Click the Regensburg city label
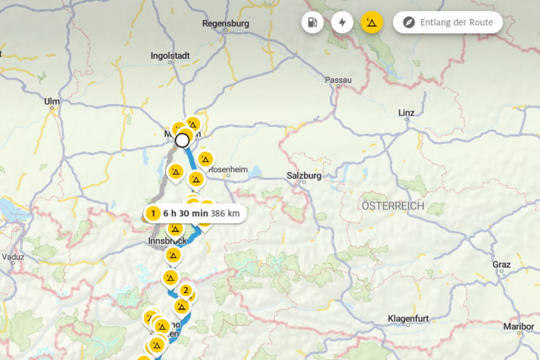coord(226,24)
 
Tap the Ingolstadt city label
coord(170,56)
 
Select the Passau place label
coord(338,80)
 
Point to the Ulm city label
coord(52,101)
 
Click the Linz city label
coord(406,113)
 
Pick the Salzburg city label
coord(303,176)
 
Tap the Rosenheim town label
coord(228,169)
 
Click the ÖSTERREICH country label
coord(393,206)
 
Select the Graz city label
coord(501,265)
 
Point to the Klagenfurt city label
coord(408,319)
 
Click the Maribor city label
coord(519,327)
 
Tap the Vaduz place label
coord(13,256)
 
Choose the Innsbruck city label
coord(167,241)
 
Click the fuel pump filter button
coord(312,22)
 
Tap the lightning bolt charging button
coord(342,22)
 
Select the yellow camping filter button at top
coord(372,22)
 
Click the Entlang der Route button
coord(447,22)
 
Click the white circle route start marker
coord(182,140)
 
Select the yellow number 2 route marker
coord(185,290)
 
